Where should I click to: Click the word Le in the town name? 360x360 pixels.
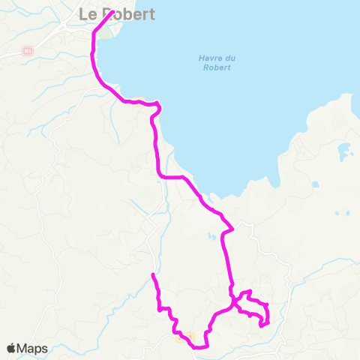[x=88, y=13]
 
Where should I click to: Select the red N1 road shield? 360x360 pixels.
[x=28, y=51]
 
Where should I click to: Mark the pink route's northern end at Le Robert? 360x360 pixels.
[x=112, y=12]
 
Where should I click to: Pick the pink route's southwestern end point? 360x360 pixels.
[x=152, y=276]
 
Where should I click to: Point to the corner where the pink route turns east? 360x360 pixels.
[x=159, y=176]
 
